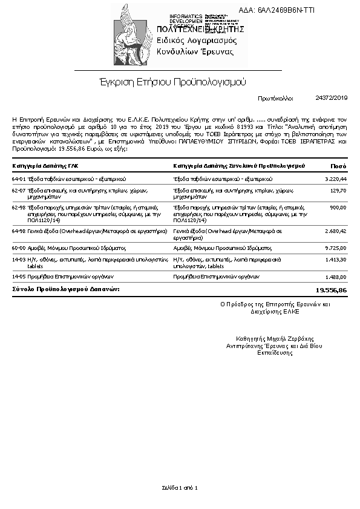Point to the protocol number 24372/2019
click(332, 97)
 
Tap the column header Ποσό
click(338, 165)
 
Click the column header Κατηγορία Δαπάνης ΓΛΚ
click(45, 165)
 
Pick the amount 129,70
click(338, 191)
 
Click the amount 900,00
click(338, 207)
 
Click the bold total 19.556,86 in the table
click(332, 291)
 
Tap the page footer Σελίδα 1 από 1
click(180, 487)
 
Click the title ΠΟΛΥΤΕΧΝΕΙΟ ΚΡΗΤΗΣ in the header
click(200, 29)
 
